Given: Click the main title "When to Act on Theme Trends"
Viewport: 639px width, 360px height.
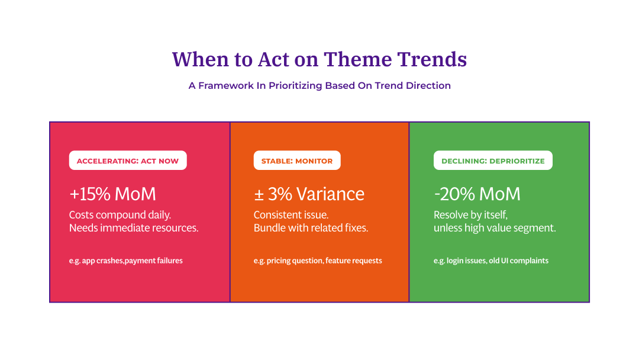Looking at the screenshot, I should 319,59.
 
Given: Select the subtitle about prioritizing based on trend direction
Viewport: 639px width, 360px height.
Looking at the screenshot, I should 319,85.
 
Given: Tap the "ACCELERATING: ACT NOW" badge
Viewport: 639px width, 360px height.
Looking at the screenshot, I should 128,160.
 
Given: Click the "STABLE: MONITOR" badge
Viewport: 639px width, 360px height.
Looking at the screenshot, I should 297,160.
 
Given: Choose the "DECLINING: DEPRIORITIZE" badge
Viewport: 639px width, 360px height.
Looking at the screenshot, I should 493,160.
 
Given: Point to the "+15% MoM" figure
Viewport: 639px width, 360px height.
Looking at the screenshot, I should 112,194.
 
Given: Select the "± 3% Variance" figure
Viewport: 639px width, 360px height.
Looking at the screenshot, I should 309,194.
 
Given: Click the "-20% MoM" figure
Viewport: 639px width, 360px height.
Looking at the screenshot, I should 477,194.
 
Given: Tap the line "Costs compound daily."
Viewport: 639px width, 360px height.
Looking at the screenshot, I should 120,214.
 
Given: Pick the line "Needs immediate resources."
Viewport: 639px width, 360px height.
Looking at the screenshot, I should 134,228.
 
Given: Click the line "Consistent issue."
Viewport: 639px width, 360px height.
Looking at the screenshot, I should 291,214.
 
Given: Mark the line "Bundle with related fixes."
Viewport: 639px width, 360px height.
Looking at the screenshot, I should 311,228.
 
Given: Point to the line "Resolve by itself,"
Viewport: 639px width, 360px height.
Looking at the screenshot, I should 470,214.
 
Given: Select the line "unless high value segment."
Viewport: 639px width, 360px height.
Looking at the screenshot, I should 495,228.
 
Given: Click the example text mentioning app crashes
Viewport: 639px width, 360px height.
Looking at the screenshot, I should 126,261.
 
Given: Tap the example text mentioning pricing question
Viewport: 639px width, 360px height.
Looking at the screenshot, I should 318,261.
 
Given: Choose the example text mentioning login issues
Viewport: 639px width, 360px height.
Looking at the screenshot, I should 491,261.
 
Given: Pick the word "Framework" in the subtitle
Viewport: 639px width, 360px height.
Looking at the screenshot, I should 226,85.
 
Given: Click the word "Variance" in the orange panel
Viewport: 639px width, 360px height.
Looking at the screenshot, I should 330,194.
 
